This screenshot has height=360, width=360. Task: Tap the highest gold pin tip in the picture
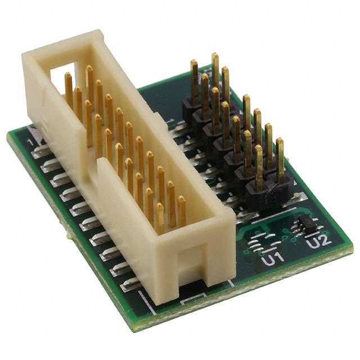tap(215, 56)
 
